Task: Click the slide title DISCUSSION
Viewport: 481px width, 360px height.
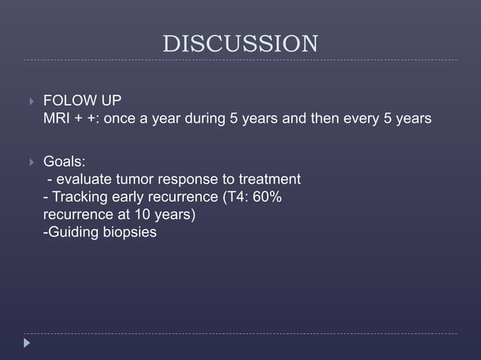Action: point(240,44)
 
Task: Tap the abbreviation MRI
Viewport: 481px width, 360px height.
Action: point(57,119)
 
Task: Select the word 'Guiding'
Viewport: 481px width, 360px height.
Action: point(74,232)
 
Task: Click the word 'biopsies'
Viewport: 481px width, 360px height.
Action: point(130,233)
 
